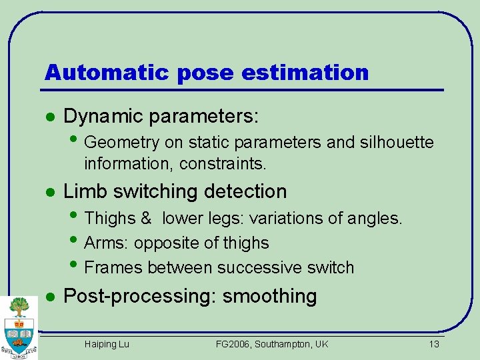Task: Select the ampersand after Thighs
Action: click(x=146, y=218)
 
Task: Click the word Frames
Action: click(x=114, y=267)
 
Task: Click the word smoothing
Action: click(x=269, y=296)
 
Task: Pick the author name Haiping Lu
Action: click(x=107, y=344)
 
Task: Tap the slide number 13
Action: click(x=434, y=344)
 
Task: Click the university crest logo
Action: click(x=19, y=327)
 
